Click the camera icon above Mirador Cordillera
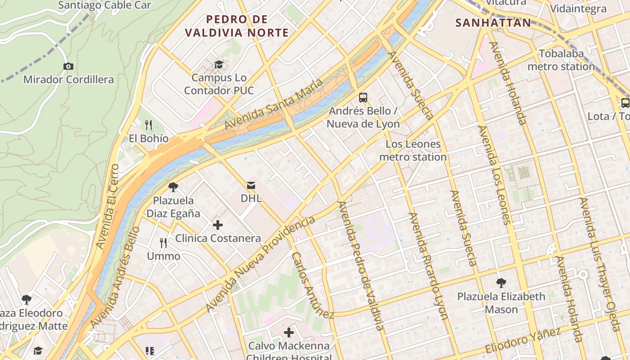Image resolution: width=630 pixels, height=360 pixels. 68,67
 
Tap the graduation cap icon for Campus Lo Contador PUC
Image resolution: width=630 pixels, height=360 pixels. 219,65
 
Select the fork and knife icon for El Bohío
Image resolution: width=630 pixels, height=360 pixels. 149,125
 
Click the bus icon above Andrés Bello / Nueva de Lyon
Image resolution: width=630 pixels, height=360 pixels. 363,97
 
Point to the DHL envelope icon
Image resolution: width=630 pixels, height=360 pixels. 251,185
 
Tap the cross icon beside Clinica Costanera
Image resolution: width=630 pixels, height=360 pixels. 218,225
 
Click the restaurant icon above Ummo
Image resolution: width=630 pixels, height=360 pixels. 164,243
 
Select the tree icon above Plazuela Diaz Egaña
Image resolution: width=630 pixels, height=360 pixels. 173,187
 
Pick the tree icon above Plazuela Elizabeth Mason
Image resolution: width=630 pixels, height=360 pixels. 501,283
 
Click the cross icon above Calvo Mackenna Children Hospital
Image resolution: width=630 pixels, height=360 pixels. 289,333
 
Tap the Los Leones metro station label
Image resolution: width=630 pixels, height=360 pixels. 413,150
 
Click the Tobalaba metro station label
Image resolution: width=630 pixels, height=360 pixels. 561,60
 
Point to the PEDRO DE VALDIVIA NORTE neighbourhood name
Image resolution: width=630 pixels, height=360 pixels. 237,26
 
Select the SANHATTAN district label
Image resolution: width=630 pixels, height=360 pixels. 493,22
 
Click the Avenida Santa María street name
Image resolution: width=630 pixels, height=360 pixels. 274,104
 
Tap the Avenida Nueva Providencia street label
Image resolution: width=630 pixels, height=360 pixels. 261,264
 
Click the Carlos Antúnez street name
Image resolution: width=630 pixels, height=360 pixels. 313,285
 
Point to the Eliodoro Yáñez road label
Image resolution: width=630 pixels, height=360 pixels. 523,341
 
